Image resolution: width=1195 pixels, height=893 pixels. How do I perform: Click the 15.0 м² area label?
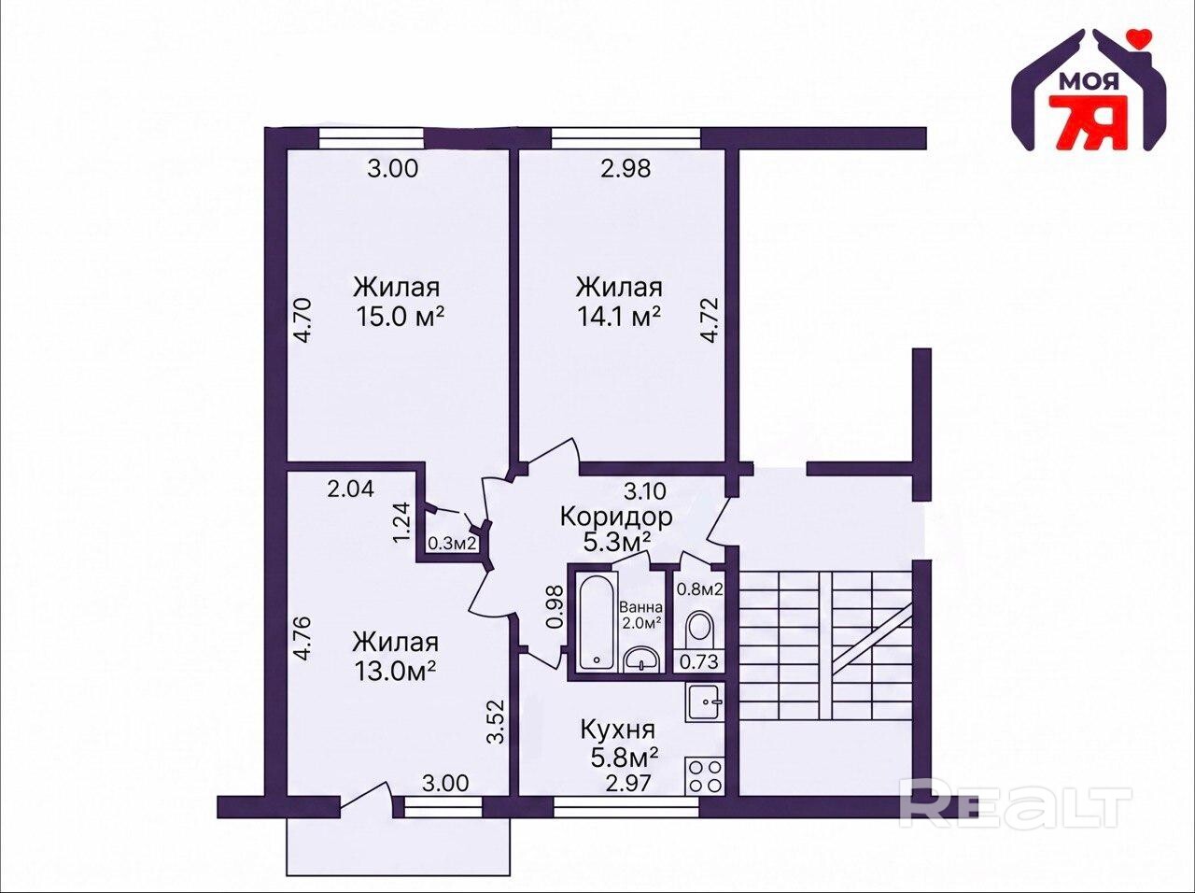(x=401, y=317)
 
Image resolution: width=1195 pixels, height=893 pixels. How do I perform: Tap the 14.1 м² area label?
(x=619, y=317)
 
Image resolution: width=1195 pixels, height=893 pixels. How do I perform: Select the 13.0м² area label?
(x=395, y=672)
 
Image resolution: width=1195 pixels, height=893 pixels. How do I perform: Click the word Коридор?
(x=616, y=517)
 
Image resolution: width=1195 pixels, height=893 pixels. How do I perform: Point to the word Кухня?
(x=617, y=730)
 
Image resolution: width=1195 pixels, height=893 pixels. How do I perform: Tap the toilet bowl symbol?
(x=699, y=627)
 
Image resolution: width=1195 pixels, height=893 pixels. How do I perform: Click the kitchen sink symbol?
(x=705, y=703)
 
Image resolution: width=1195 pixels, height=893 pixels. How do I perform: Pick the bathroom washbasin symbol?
(x=641, y=659)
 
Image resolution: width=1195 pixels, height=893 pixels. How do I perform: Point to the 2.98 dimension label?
(x=626, y=168)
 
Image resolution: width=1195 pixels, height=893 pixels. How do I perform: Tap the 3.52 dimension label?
(x=496, y=721)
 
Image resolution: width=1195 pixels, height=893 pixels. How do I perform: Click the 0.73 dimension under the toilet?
(x=699, y=662)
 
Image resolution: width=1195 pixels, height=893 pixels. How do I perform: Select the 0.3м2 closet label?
(x=453, y=543)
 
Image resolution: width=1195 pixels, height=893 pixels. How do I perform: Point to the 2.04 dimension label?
(x=351, y=489)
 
